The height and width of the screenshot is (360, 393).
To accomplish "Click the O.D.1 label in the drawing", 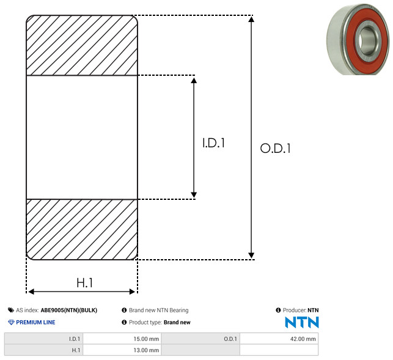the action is click(x=275, y=148).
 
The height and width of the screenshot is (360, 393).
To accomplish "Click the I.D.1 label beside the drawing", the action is click(x=213, y=143).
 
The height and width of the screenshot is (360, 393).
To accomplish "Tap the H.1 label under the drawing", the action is click(x=84, y=283).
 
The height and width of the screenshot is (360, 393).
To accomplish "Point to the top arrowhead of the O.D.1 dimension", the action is click(x=251, y=19).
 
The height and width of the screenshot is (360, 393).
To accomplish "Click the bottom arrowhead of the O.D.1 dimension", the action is click(x=251, y=255).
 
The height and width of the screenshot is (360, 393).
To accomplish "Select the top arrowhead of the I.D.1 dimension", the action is click(x=194, y=81).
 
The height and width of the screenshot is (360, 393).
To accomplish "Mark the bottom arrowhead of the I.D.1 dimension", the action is click(x=194, y=194).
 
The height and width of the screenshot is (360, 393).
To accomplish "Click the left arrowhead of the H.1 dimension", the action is click(x=31, y=292).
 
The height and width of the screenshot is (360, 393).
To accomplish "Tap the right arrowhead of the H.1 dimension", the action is click(x=132, y=292).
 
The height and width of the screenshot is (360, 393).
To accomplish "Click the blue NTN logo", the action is click(x=302, y=322).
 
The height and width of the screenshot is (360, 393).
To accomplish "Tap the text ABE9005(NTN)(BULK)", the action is click(x=69, y=310).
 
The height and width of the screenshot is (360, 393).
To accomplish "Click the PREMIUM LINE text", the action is click(x=35, y=322).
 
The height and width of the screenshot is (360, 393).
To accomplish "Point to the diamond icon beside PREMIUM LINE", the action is click(x=11, y=322).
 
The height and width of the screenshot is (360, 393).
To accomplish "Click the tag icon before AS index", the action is click(x=11, y=310).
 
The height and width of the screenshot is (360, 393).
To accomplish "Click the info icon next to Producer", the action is click(x=278, y=310).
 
